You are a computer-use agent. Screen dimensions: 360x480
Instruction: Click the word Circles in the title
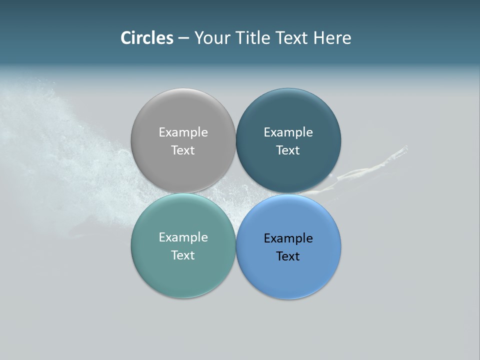[x=146, y=38]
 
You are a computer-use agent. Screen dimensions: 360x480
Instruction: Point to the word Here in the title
[x=332, y=38]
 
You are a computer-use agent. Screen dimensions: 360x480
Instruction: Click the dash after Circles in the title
[x=183, y=38]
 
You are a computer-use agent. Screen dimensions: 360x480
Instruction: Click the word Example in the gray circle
[x=183, y=132]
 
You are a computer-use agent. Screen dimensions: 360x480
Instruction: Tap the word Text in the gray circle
[x=183, y=150]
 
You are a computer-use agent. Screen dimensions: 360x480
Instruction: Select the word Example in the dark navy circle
[x=288, y=132]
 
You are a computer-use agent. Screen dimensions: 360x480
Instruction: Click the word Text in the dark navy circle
[x=288, y=150]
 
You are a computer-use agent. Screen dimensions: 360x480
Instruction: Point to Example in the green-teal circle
[x=183, y=237]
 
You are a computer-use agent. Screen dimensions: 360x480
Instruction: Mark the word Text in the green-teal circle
[x=183, y=255]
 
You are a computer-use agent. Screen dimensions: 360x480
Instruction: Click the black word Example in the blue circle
[x=288, y=238]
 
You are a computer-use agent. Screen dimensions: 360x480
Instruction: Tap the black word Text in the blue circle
[x=288, y=256]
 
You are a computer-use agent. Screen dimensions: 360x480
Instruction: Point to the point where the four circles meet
[x=235, y=193]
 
